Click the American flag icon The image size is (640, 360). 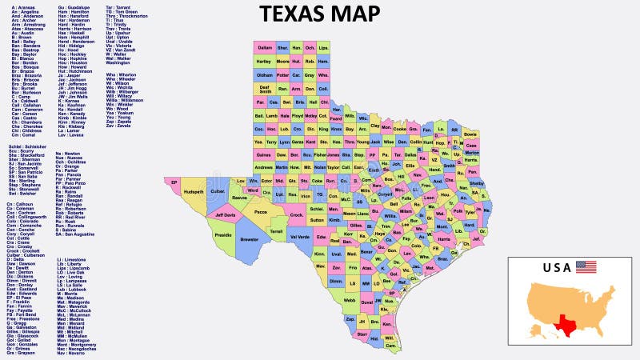[x=586, y=266]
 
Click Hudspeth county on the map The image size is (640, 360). [x=192, y=192]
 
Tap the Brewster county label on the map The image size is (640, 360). [x=250, y=239]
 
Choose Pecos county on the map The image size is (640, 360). [x=261, y=212]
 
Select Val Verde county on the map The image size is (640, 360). [x=300, y=237]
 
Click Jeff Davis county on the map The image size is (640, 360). [x=226, y=214]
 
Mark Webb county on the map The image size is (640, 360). [x=350, y=300]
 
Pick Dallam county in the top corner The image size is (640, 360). [x=265, y=48]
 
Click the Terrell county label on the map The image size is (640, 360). [x=276, y=230]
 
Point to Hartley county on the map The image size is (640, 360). [x=264, y=61]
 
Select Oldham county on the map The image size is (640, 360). [x=264, y=74]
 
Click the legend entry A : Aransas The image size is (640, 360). [x=24, y=6]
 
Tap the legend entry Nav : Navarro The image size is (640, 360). [x=72, y=353]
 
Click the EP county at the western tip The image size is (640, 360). [x=174, y=182]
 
